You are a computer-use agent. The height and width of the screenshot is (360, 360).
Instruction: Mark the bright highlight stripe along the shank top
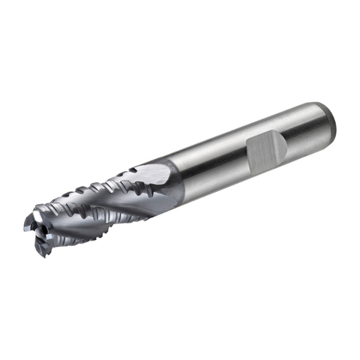click(225, 135)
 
